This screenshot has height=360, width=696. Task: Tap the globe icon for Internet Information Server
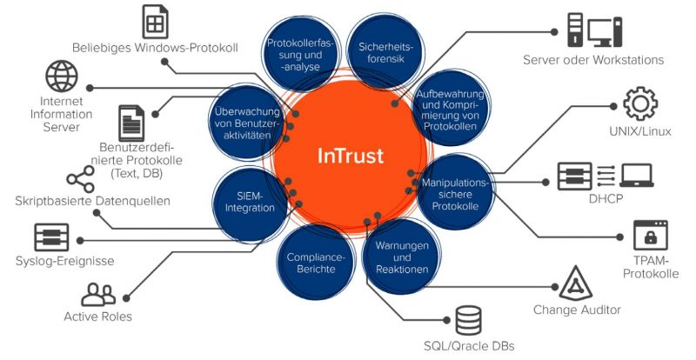[61, 77]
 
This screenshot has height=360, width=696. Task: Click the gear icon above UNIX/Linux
[639, 103]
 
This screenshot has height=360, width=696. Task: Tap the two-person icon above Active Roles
[97, 294]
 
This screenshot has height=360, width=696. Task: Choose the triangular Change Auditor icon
[575, 283]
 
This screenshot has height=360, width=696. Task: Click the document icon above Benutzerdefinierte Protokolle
[131, 120]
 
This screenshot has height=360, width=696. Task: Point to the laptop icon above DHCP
[636, 175]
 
